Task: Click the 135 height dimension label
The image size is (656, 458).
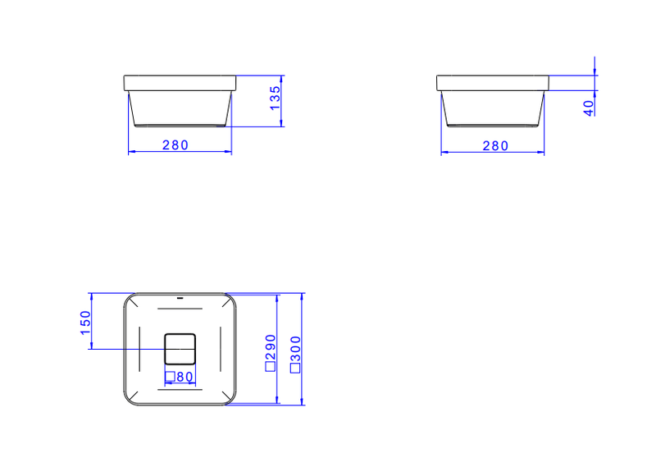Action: tap(275, 98)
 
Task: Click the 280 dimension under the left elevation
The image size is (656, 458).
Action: tap(175, 145)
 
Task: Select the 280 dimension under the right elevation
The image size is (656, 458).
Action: tap(495, 146)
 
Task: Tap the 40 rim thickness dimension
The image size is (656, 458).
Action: tap(589, 108)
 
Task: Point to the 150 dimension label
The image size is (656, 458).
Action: tap(85, 323)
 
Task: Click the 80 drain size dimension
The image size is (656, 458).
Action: tap(184, 378)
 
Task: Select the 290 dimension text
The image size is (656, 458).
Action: tap(271, 347)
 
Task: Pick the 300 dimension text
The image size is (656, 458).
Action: tap(295, 348)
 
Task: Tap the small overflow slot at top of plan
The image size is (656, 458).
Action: tap(180, 298)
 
